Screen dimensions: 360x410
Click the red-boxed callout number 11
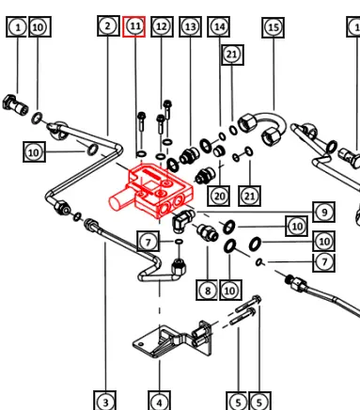[133, 26]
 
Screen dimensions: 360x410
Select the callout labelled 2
[108, 25]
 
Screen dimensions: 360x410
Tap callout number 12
[162, 26]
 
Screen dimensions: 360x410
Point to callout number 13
[190, 26]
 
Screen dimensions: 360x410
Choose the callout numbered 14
[219, 26]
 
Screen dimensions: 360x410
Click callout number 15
[274, 27]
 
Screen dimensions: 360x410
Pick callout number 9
[324, 213]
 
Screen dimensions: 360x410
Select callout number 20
[219, 197]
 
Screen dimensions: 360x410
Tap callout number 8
[207, 291]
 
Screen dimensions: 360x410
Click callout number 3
[105, 401]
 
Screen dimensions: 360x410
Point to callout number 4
[159, 401]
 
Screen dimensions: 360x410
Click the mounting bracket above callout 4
[172, 340]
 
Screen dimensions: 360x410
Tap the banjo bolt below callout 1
[15, 104]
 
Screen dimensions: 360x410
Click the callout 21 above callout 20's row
[232, 55]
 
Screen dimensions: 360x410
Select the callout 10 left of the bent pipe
[34, 152]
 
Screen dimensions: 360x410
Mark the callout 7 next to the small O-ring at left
[149, 242]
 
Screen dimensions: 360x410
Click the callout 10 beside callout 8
[230, 291]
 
